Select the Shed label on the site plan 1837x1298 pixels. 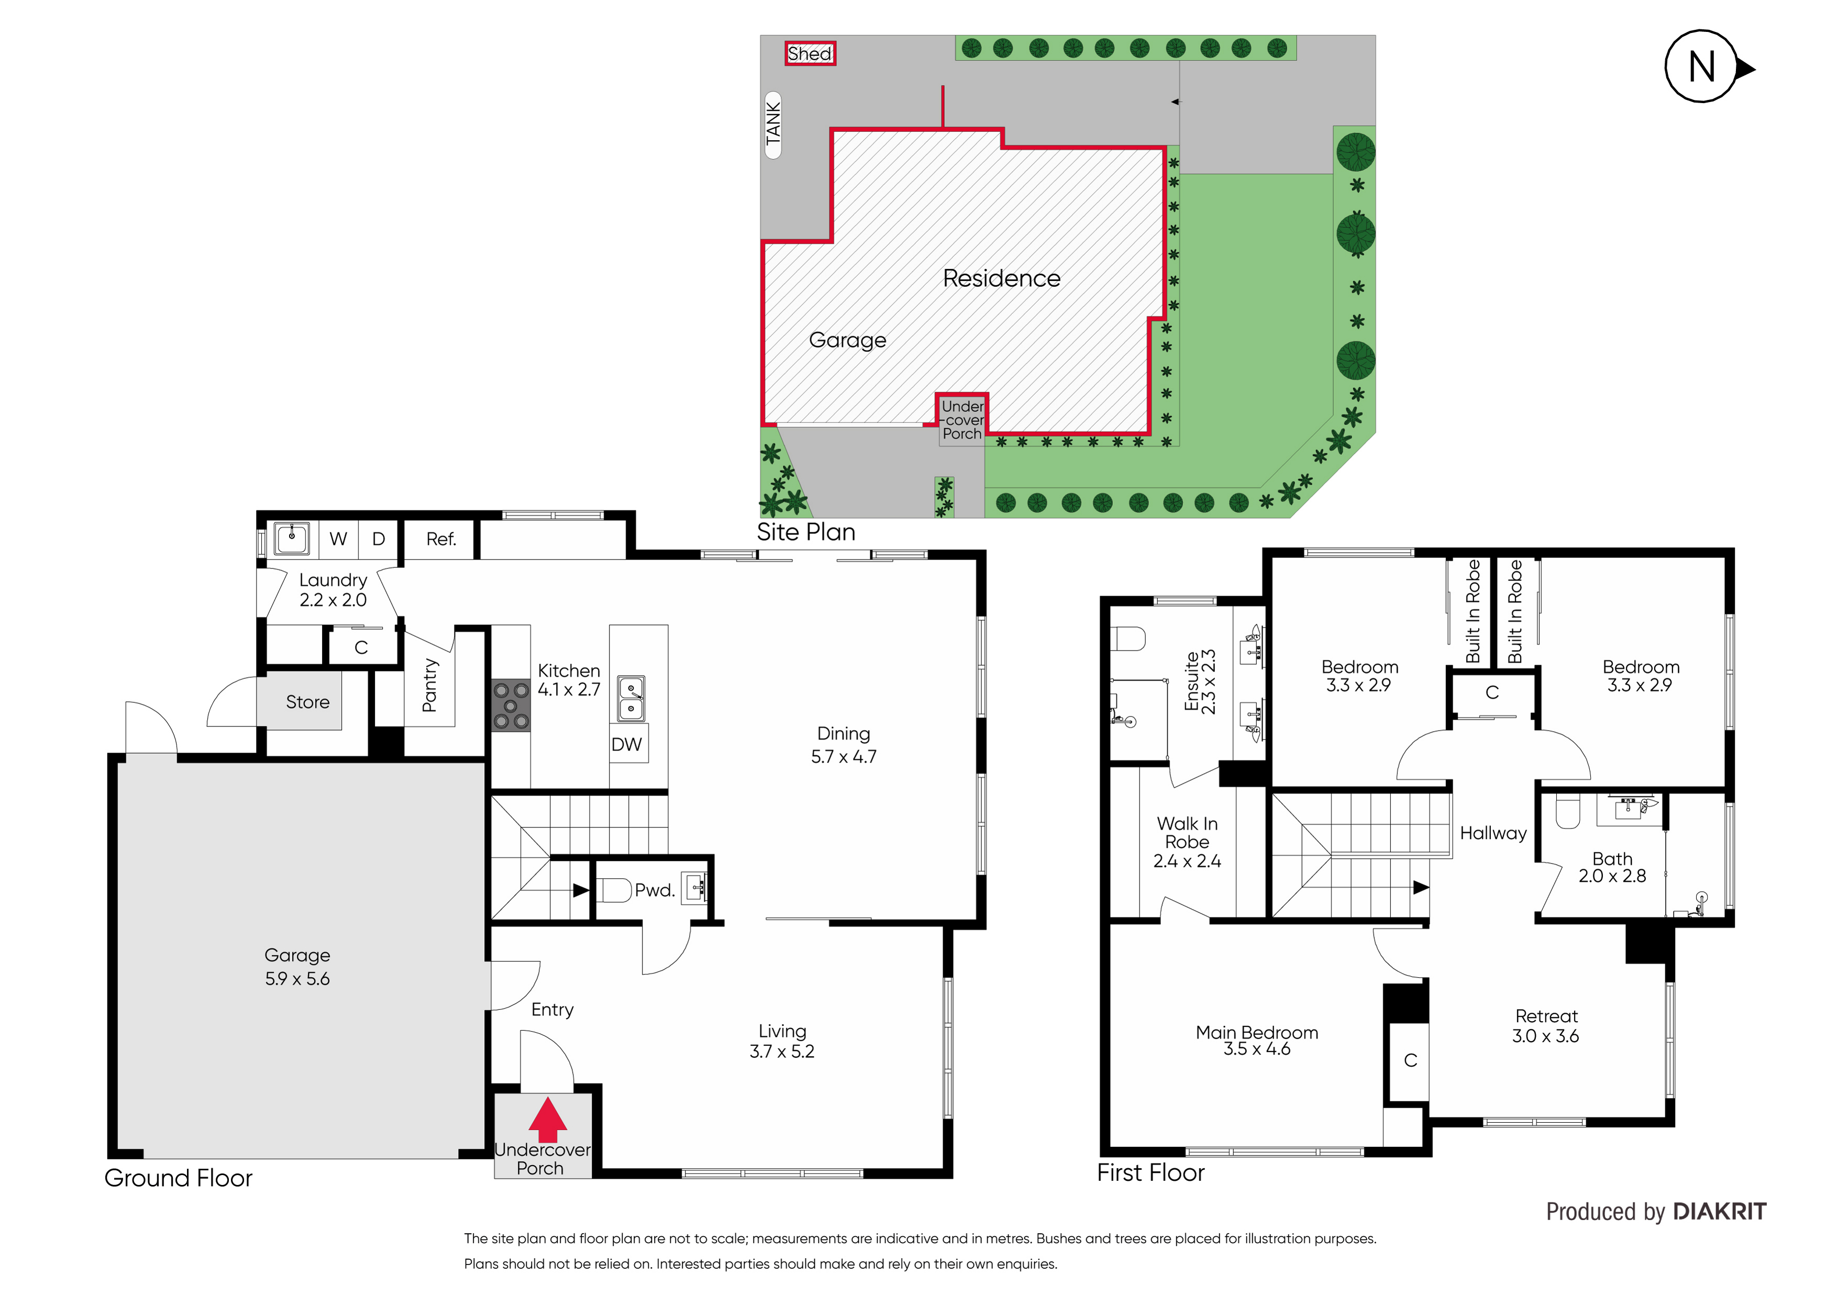pos(810,53)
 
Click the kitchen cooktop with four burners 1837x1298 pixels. pos(511,706)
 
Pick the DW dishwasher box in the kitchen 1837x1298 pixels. pos(627,745)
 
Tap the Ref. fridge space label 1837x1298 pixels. pos(441,539)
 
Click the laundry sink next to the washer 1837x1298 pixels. pos(292,538)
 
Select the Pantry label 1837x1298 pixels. pos(429,686)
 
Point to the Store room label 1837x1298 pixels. pos(307,702)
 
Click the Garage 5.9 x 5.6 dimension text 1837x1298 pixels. pos(297,979)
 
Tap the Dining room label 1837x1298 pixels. pos(843,733)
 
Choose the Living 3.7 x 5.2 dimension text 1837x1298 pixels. pos(782,1051)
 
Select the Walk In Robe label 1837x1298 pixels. pos(1187,833)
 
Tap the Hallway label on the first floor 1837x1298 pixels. pos(1493,833)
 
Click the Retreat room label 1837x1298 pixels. pos(1546,1016)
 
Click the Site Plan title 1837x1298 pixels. pos(806,532)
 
